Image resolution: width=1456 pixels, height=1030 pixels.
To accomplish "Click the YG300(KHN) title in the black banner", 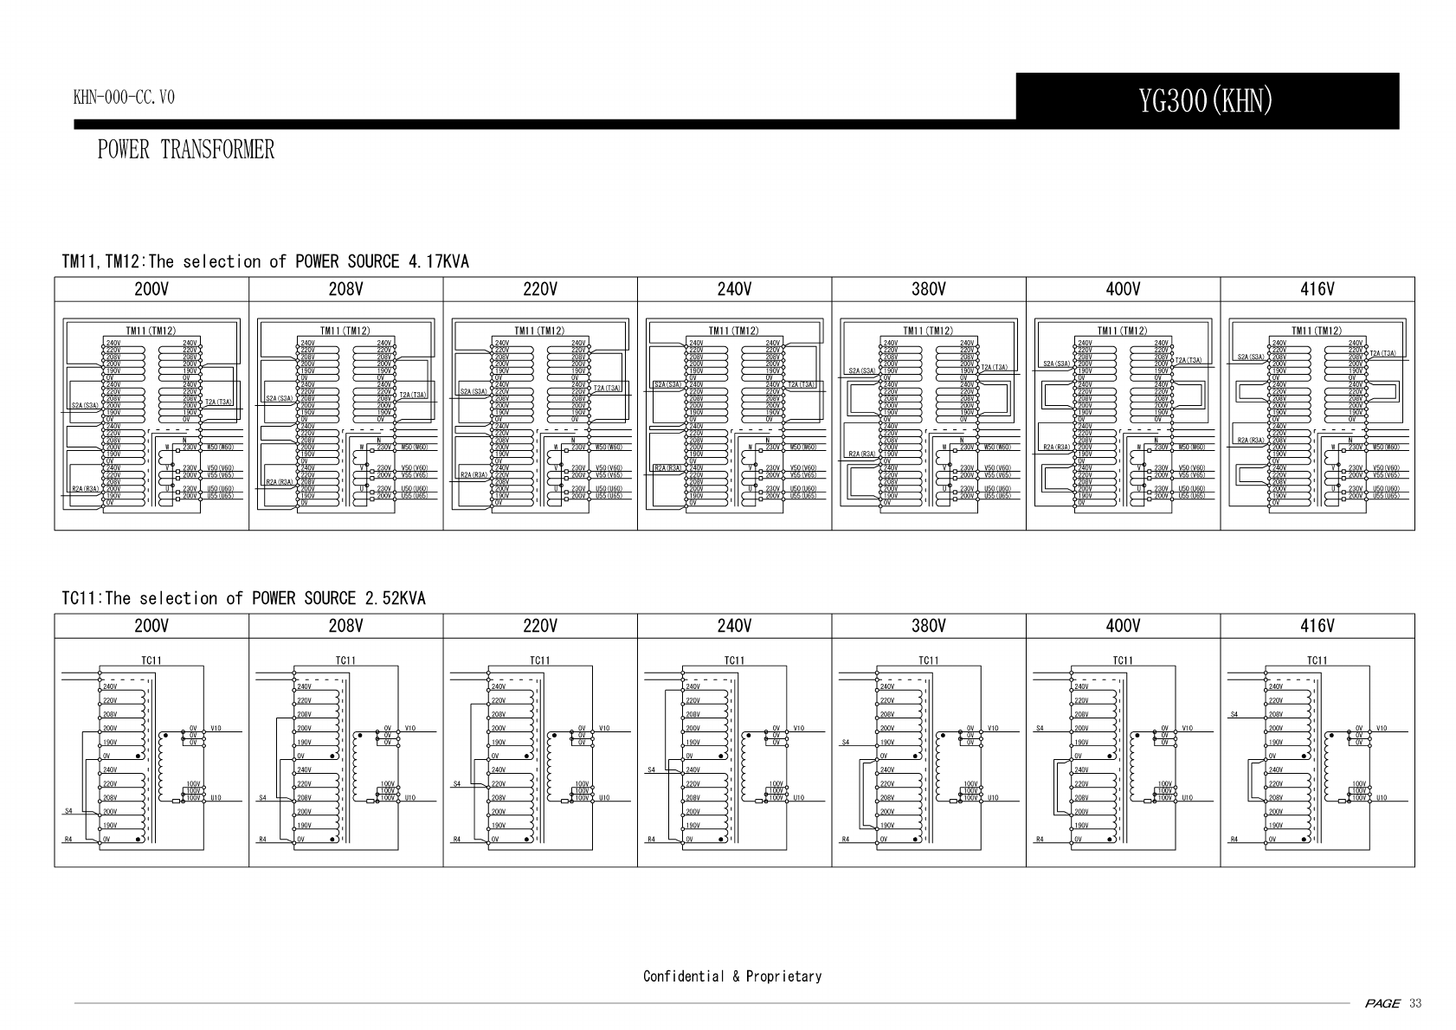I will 1206,101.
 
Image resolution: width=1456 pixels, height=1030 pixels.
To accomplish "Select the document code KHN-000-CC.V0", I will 124,97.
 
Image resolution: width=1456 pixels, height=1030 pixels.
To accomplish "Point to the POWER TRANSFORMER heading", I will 186,150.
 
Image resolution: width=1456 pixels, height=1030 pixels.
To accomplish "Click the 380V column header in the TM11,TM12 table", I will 928,289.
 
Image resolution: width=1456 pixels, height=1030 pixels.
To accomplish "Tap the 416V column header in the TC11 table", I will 1317,626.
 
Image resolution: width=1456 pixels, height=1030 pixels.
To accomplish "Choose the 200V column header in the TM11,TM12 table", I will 151,289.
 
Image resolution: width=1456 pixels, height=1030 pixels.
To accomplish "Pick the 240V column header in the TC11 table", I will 734,626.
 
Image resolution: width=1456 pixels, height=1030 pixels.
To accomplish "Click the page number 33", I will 1415,1003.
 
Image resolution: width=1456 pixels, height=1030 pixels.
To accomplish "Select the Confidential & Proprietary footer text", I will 732,976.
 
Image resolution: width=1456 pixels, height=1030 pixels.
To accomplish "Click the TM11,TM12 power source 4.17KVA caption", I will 266,261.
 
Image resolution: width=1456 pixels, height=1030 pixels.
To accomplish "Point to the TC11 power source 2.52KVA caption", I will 244,598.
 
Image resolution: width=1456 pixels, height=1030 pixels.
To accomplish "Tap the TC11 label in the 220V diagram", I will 539,660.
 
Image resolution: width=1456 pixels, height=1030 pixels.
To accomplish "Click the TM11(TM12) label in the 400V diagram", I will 1122,331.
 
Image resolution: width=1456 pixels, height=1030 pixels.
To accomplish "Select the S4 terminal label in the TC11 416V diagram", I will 1235,715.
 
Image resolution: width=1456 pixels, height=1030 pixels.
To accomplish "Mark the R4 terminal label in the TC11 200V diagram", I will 68,840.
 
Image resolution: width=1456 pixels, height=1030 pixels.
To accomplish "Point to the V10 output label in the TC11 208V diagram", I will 409,728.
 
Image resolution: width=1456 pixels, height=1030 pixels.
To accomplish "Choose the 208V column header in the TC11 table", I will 345,626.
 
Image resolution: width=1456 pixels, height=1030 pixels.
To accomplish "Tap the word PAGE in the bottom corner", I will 1382,1003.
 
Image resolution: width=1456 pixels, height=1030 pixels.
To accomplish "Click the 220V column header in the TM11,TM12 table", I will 539,289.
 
